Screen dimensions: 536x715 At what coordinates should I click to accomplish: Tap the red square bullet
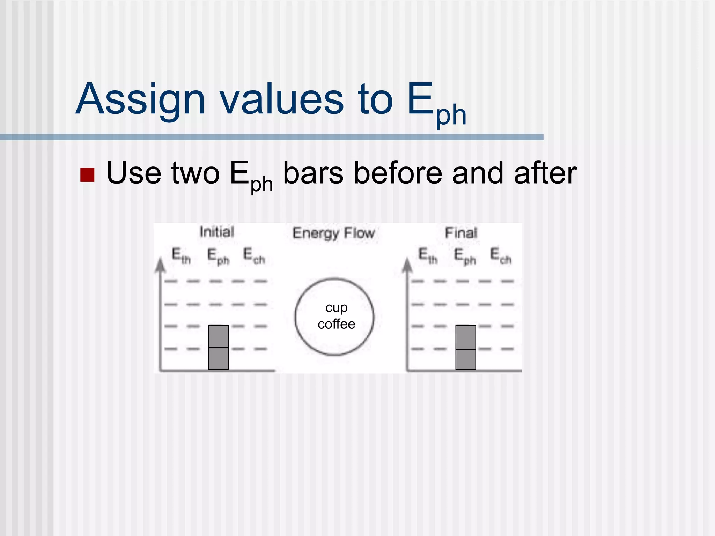[x=87, y=175]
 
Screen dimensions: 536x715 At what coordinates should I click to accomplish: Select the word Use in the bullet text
[x=134, y=173]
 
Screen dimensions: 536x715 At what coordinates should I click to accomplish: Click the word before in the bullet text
[x=398, y=173]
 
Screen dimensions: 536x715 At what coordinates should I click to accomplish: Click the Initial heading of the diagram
[x=216, y=232]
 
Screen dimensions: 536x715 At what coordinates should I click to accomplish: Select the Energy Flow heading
[x=333, y=233]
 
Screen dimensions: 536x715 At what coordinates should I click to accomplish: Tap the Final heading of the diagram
[x=461, y=233]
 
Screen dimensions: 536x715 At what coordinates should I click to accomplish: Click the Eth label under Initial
[x=181, y=256]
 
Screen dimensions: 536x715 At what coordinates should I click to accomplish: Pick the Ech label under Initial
[x=254, y=256]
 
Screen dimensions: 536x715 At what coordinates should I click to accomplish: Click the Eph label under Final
[x=465, y=256]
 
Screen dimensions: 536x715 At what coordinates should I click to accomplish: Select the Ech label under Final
[x=501, y=256]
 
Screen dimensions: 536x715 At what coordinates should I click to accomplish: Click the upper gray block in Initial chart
[x=218, y=336]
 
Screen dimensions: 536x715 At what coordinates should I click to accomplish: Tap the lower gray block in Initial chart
[x=218, y=358]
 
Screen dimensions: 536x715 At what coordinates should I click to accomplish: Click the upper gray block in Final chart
[x=465, y=337]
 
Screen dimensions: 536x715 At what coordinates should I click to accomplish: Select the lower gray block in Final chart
[x=465, y=359]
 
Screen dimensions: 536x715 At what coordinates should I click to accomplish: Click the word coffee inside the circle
[x=336, y=324]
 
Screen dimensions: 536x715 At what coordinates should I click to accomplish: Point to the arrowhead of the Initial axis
[x=160, y=265]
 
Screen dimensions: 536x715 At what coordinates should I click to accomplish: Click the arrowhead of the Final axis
[x=407, y=265]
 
